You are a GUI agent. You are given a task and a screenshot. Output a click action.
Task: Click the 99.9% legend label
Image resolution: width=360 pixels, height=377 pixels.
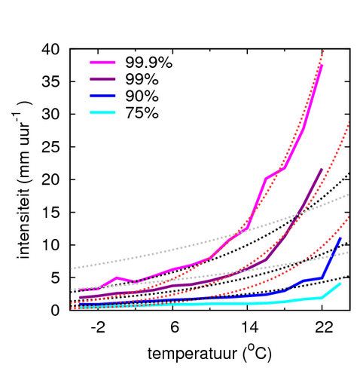149,63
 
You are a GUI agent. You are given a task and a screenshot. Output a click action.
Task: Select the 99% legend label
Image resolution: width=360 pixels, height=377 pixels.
142,79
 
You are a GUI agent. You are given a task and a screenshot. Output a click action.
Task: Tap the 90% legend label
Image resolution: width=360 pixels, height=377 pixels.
142,96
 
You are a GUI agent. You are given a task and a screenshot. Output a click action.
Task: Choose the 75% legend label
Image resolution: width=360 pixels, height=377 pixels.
142,112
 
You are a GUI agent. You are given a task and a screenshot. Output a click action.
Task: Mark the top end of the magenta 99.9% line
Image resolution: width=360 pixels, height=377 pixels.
322,66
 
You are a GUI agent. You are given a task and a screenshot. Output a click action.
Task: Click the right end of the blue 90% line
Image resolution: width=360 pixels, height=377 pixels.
340,238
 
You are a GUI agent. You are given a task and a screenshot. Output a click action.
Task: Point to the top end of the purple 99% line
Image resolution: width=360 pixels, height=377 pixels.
322,170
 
